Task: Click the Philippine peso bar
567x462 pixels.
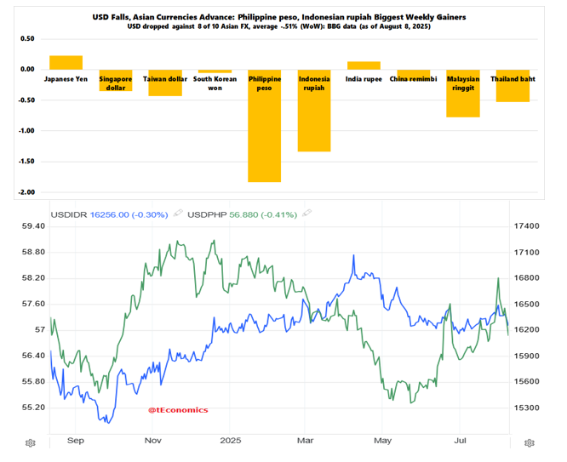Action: pyautogui.click(x=264, y=136)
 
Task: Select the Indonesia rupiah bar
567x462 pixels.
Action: pyautogui.click(x=313, y=119)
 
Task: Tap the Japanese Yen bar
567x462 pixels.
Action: pyautogui.click(x=66, y=62)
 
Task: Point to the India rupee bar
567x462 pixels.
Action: pyautogui.click(x=364, y=66)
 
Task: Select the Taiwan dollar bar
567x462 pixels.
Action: pyautogui.click(x=165, y=88)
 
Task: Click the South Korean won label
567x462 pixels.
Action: pyautogui.click(x=215, y=83)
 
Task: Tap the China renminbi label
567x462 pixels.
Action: pyautogui.click(x=413, y=79)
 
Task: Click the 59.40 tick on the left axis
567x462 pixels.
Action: pyautogui.click(x=33, y=226)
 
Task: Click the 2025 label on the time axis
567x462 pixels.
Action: pyautogui.click(x=231, y=441)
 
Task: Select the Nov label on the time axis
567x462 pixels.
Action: pyautogui.click(x=153, y=441)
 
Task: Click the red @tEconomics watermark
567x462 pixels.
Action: pyautogui.click(x=178, y=409)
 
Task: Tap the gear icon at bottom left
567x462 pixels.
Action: pyautogui.click(x=31, y=442)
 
